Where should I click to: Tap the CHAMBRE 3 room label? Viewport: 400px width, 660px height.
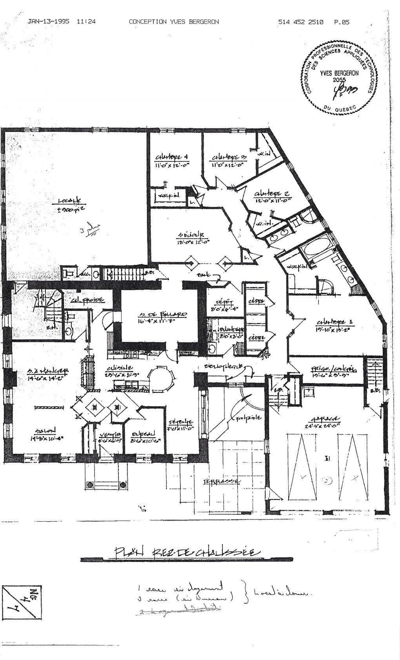click(x=230, y=158)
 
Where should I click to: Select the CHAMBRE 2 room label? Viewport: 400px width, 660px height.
click(x=272, y=194)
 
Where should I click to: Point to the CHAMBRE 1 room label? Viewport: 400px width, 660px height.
click(x=335, y=322)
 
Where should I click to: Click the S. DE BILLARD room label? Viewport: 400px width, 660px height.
click(x=162, y=315)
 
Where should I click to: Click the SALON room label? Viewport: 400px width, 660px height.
click(x=45, y=430)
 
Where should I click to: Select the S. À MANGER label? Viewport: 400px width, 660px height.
click(x=49, y=371)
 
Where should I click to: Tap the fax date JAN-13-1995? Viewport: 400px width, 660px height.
click(x=49, y=22)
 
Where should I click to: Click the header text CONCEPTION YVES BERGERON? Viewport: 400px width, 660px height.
click(x=174, y=22)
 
